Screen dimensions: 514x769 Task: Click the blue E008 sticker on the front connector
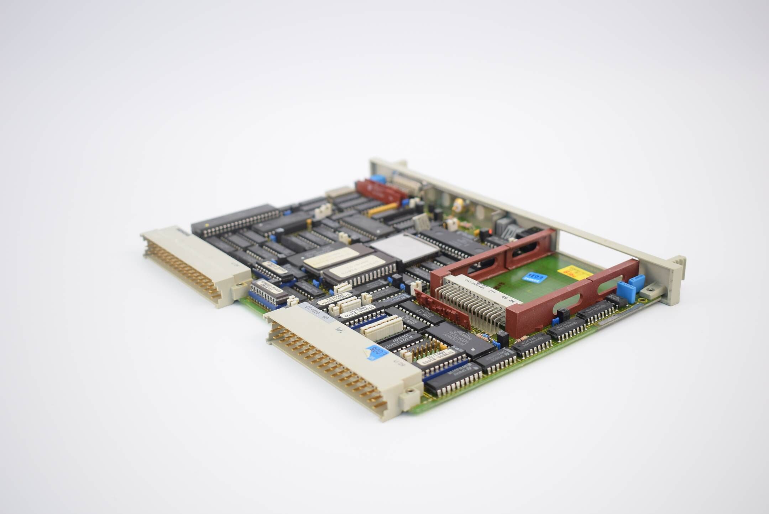[377, 352]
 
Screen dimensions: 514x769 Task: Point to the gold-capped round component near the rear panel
[458, 204]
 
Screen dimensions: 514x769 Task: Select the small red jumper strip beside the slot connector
[443, 309]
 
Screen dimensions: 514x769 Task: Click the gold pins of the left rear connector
[182, 271]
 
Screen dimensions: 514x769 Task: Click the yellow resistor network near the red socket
[382, 210]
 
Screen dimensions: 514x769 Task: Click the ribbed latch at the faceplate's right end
[679, 263]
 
